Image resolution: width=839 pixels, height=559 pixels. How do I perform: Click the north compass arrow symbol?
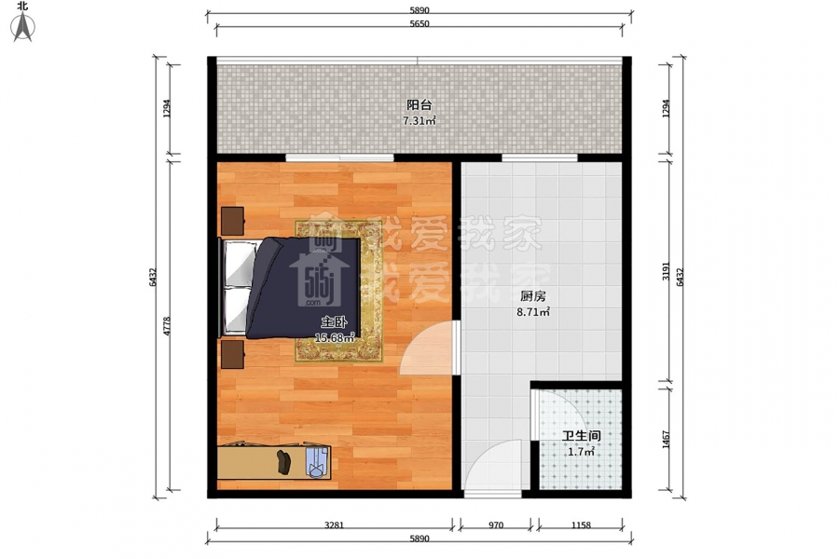point(23,27)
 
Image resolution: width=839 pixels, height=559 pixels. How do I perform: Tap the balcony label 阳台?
point(419,105)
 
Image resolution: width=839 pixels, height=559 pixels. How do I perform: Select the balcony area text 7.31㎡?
point(419,121)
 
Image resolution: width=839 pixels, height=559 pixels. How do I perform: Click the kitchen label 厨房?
point(532,296)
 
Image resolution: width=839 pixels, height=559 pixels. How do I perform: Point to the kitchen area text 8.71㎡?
point(533,312)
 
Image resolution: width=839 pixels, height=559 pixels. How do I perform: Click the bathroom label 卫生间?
point(581,436)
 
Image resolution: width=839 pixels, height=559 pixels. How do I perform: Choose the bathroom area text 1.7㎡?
point(581,452)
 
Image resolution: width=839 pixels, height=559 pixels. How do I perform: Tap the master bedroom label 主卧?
point(334,322)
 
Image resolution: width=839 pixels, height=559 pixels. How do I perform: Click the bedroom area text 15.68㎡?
point(335,338)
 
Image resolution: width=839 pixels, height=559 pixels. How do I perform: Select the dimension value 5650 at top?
point(419,24)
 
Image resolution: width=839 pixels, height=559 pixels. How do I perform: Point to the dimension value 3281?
point(335,525)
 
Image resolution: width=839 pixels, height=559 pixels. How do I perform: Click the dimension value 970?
point(496,525)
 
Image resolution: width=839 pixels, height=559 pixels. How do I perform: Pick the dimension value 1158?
point(581,525)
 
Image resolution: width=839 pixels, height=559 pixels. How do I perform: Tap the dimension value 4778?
point(167,326)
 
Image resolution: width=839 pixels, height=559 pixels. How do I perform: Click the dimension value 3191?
point(667,271)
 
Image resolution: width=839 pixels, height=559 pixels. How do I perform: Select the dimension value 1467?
point(667,440)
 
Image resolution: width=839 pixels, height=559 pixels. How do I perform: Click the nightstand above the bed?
point(233,221)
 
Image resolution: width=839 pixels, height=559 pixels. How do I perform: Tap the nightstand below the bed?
point(233,354)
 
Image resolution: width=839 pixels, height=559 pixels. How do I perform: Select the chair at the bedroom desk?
point(317,462)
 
